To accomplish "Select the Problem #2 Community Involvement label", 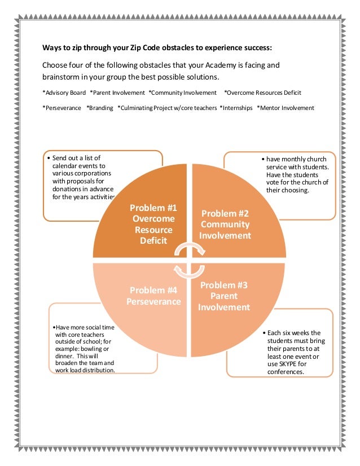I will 225,225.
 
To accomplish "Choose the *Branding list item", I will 100,108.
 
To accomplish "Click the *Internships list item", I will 236,108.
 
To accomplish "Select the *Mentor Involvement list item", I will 286,108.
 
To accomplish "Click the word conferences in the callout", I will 286,372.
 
